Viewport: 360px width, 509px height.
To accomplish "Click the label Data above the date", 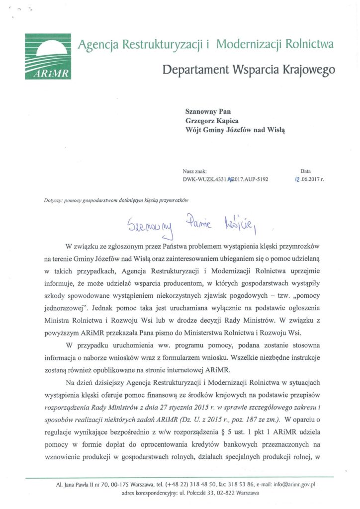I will [305, 171].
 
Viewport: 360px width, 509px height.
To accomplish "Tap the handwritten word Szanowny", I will [149, 227].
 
